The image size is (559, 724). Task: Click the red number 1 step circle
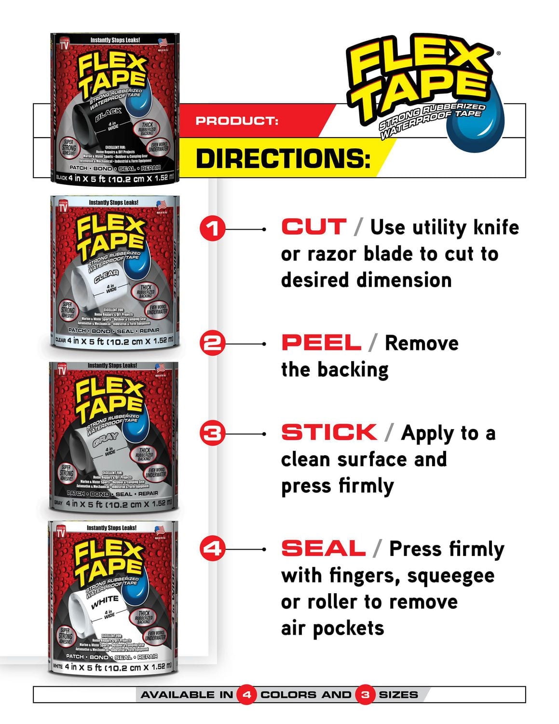coord(212,228)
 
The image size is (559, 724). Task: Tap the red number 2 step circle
coord(212,343)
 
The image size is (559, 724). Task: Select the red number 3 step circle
coord(212,433)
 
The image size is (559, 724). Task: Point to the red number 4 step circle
coord(212,549)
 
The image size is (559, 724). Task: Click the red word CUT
coord(314,227)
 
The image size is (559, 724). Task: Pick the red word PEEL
coord(321,343)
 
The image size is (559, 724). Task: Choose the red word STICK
coord(329,432)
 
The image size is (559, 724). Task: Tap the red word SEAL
coord(323,548)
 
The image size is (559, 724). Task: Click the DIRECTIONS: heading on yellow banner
coord(283,158)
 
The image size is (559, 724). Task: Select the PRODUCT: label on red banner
coord(237,121)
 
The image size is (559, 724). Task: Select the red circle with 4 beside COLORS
coord(246,695)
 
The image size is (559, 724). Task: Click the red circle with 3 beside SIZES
coord(365,695)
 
